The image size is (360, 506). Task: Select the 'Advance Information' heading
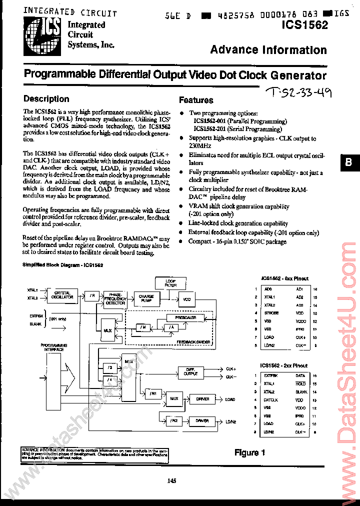coord(268,49)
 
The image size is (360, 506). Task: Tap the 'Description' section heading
coord(46,99)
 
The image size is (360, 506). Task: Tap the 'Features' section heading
coord(196,100)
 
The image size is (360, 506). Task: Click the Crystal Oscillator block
coord(63,295)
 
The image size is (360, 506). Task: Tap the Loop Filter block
coord(171,283)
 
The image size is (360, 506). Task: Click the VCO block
coord(186,299)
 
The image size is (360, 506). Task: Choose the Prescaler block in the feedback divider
coord(185,317)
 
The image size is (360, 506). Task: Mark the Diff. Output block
coord(190,371)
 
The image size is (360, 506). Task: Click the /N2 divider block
coord(173,421)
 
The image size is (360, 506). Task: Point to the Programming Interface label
coord(52,347)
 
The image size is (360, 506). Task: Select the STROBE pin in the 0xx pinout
coord(271,313)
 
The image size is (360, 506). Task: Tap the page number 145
coord(172,481)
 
